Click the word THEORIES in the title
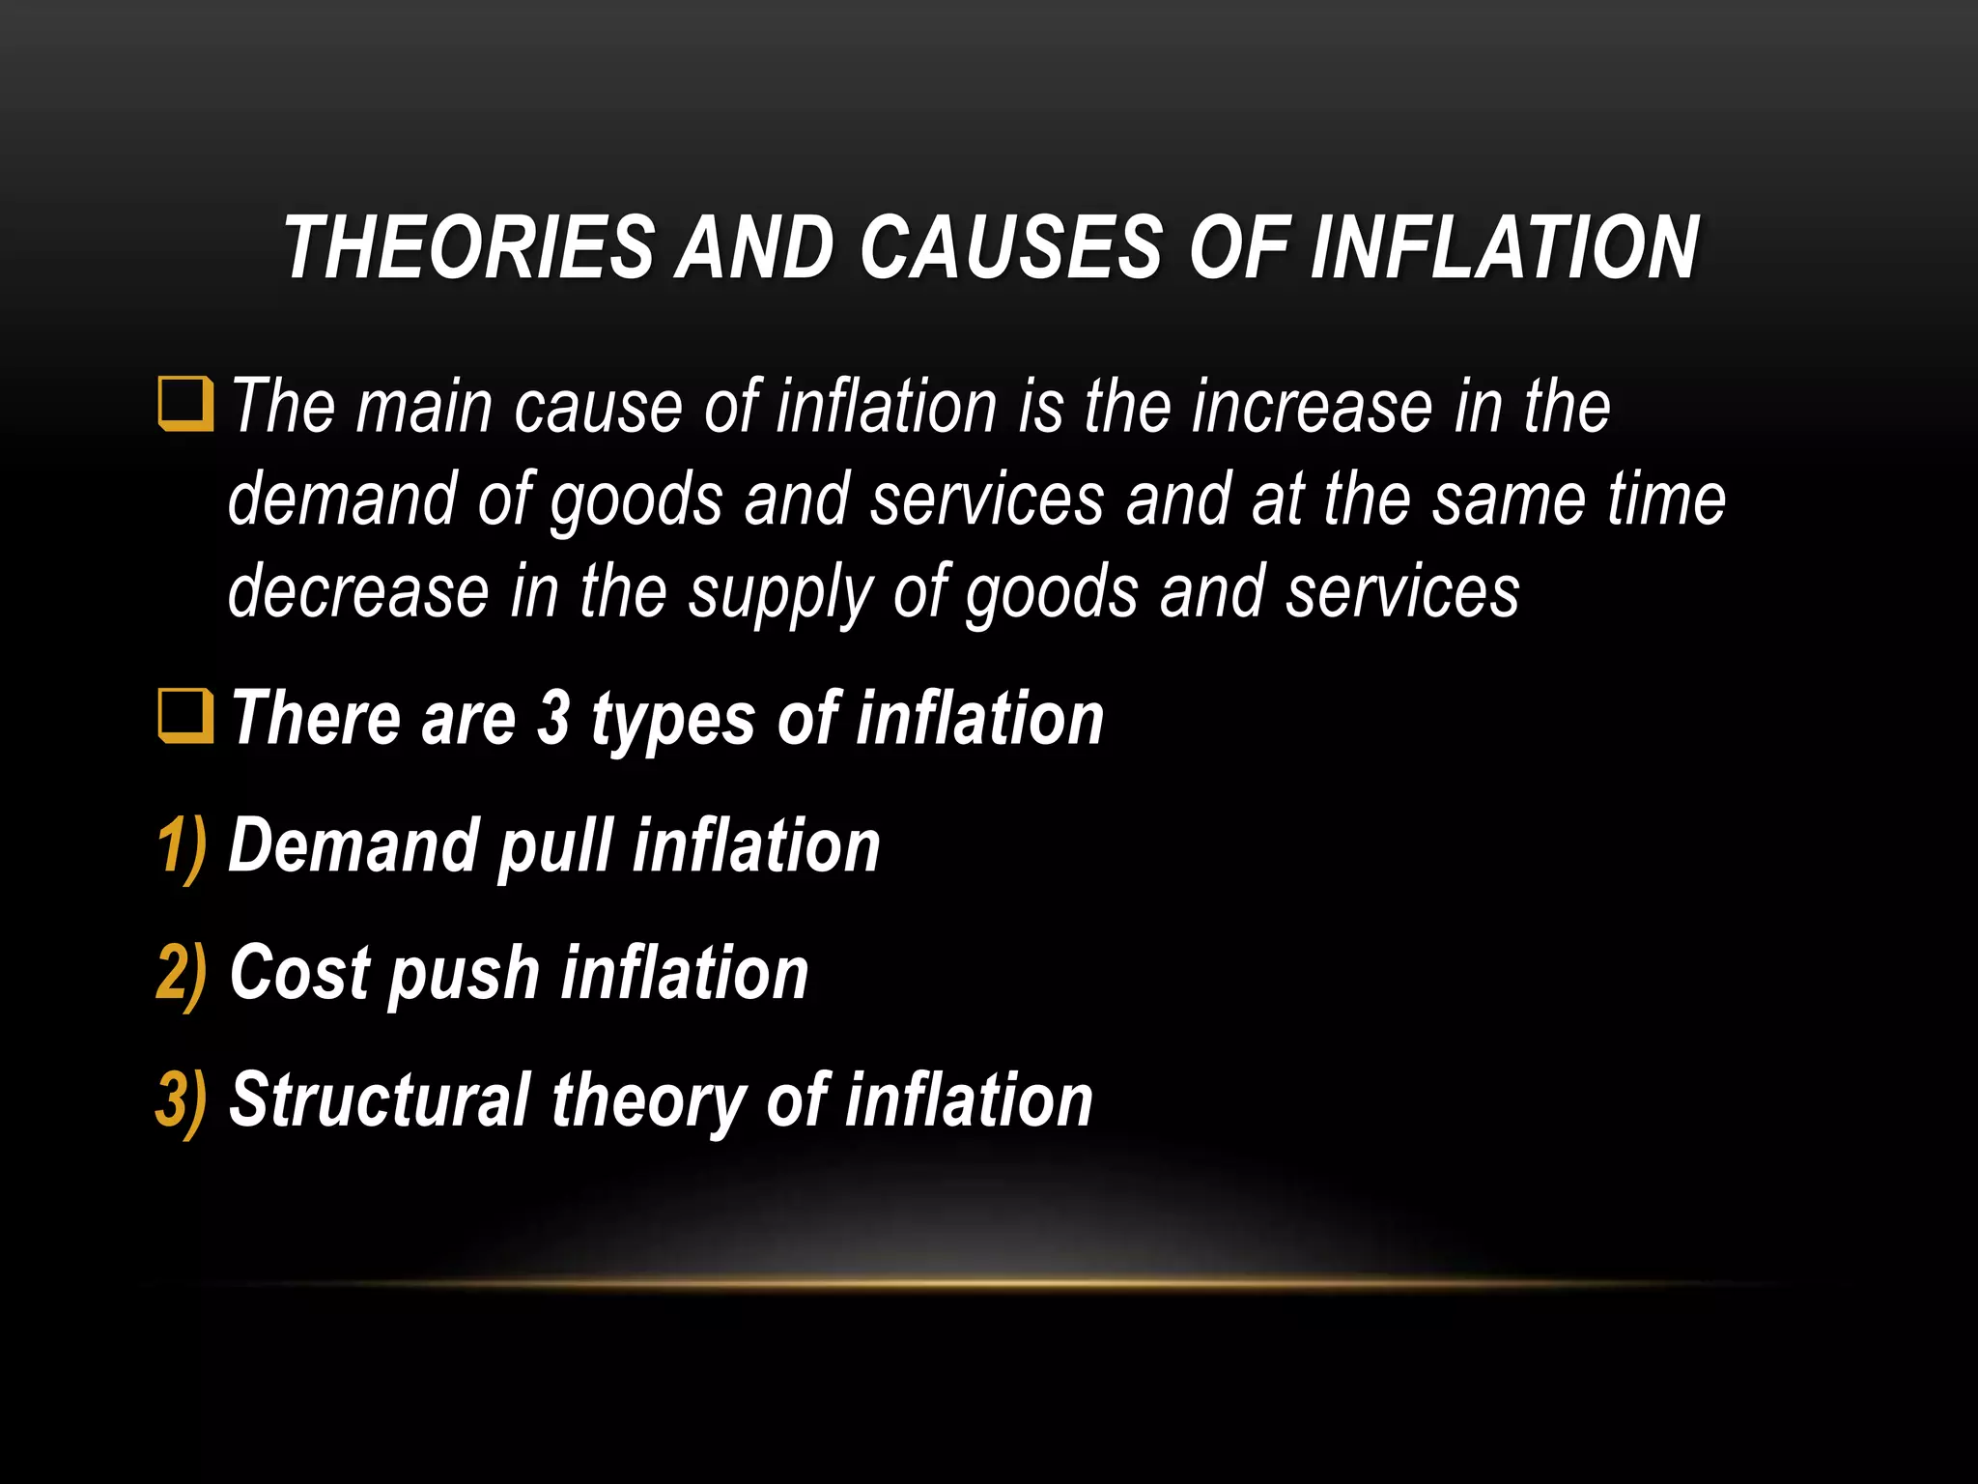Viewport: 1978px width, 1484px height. (x=469, y=248)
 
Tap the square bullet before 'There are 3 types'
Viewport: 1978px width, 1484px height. (x=184, y=717)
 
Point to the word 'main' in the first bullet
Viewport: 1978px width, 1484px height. (x=424, y=407)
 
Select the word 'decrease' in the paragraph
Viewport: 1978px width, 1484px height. (x=358, y=591)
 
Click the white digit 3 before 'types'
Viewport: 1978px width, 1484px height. (x=553, y=719)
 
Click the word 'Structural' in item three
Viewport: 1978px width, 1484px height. (x=380, y=1100)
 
